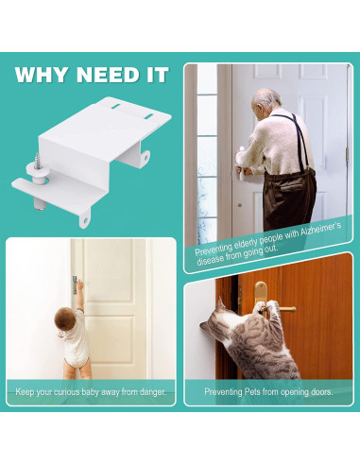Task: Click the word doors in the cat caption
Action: tap(318, 390)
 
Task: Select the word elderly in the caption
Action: tap(255, 247)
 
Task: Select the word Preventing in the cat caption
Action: tap(226, 390)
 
